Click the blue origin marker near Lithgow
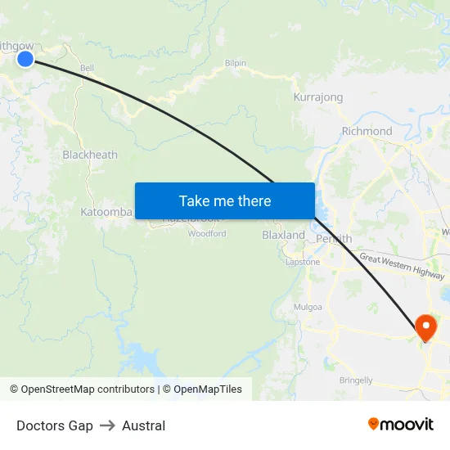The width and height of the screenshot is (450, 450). [x=25, y=58]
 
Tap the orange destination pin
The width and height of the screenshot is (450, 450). [x=426, y=327]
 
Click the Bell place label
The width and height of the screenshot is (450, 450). [x=87, y=68]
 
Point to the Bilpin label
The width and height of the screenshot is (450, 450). [x=235, y=62]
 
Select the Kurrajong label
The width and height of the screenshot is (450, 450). [x=318, y=97]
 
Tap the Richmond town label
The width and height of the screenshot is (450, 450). [x=367, y=131]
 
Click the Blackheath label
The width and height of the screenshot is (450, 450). [x=90, y=155]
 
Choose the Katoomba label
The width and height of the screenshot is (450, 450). [x=106, y=212]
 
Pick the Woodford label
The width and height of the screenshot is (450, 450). [x=207, y=234]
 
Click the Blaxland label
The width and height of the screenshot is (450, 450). [x=283, y=235]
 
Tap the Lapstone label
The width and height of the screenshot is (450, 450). [x=303, y=262]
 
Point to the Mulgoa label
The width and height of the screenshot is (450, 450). [x=308, y=307]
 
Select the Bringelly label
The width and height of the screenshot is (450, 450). [x=356, y=380]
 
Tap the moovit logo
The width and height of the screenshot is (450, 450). [x=401, y=425]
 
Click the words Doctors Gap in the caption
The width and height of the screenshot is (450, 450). [x=55, y=425]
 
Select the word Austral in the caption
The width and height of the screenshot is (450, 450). [x=143, y=425]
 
